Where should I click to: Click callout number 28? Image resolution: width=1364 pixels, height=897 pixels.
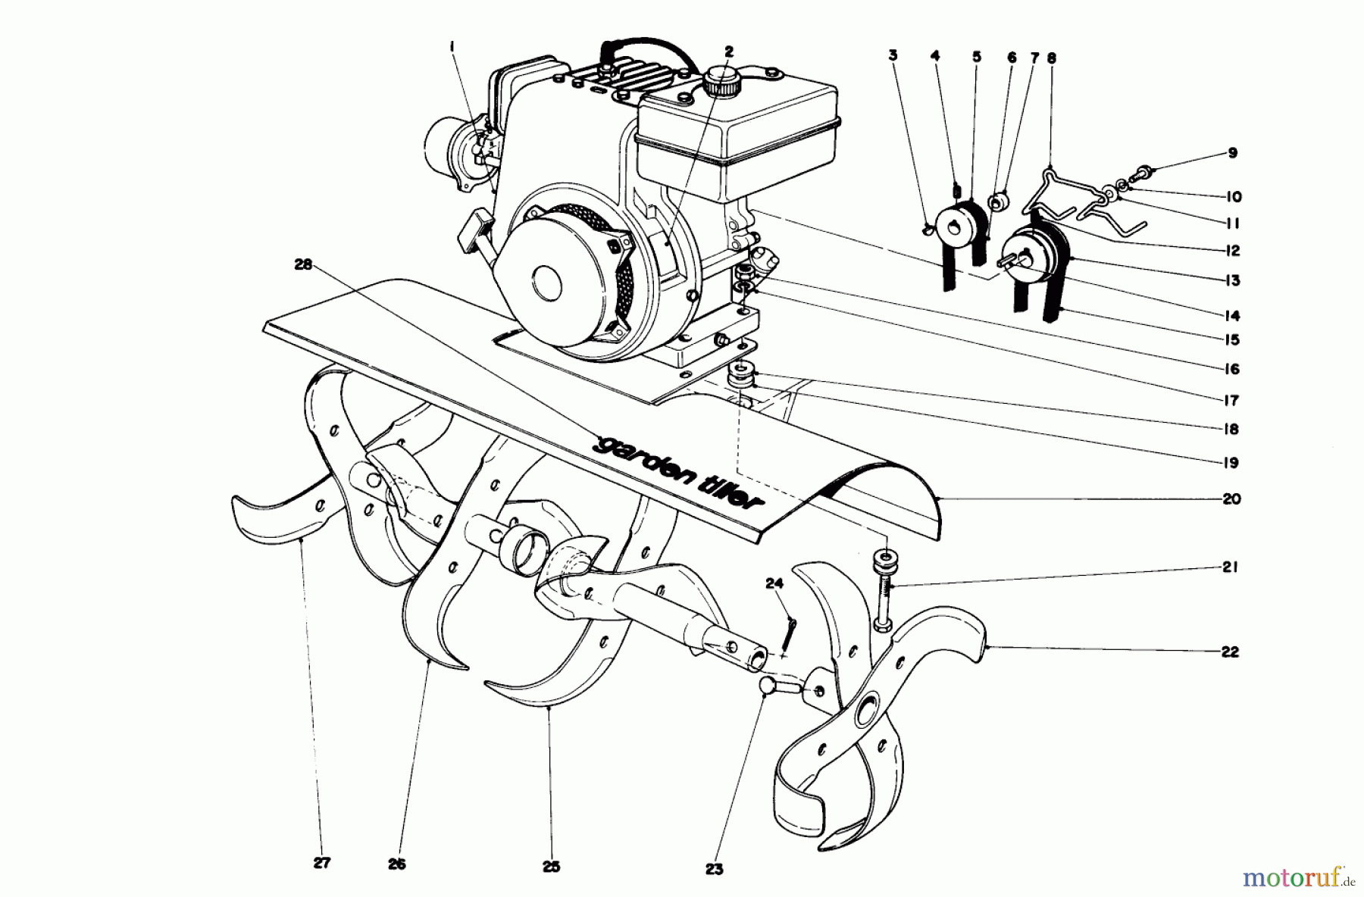point(303,265)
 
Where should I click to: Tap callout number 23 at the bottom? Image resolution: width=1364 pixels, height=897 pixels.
point(714,870)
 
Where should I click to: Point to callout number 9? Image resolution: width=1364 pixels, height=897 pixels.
point(1232,153)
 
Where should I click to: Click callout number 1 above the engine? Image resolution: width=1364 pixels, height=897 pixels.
point(452,47)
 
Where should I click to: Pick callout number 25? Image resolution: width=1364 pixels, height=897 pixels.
point(551,867)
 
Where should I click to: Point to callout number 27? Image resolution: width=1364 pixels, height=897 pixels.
point(321,863)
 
